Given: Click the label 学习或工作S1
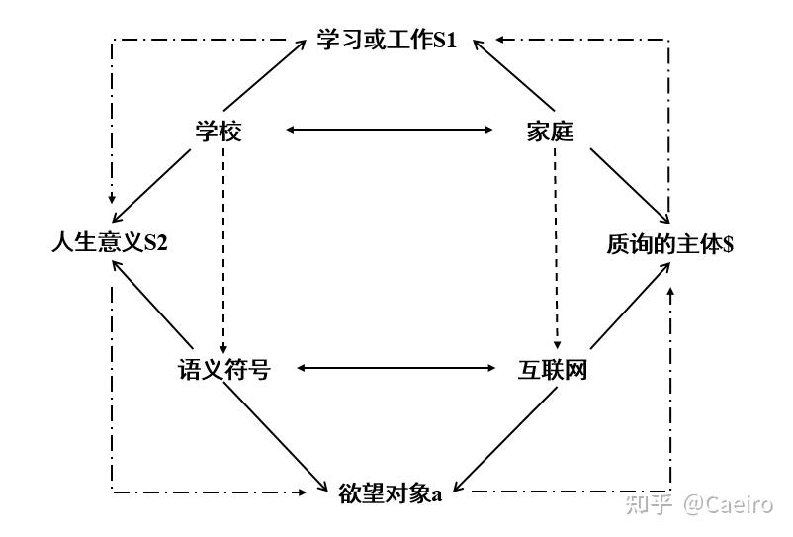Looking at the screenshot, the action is click(x=387, y=40).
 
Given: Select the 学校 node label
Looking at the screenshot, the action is click(x=219, y=132).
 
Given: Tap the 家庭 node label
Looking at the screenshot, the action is click(x=550, y=132).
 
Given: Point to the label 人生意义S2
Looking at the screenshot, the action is click(x=110, y=242).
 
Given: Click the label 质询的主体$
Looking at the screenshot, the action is click(x=670, y=244).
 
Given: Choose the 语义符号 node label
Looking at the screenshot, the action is click(x=224, y=369).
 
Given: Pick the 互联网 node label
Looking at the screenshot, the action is click(x=553, y=370).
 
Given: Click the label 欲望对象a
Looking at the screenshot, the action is click(x=390, y=493).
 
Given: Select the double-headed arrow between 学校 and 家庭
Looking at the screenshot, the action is click(x=389, y=130).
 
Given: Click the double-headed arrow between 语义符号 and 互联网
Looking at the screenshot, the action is click(x=396, y=368).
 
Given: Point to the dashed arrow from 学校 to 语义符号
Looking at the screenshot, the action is click(x=223, y=251).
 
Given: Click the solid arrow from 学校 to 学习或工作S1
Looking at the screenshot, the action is click(x=265, y=75).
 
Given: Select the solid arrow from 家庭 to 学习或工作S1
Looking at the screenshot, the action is click(x=514, y=75).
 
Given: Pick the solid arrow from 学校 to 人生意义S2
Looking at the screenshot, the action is click(x=151, y=186).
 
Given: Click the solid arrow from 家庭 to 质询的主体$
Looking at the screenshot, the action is click(x=630, y=186).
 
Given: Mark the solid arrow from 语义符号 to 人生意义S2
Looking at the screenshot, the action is click(x=152, y=304).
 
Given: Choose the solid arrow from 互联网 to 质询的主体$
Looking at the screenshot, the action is click(x=630, y=306).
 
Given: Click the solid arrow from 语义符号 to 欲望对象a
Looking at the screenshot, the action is click(x=276, y=436).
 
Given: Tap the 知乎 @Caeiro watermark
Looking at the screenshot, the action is click(x=699, y=504).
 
